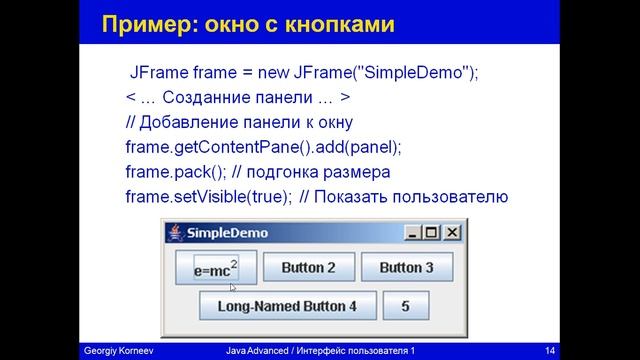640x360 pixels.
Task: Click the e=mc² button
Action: pyautogui.click(x=215, y=268)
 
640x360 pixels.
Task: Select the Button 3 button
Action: pyautogui.click(x=406, y=268)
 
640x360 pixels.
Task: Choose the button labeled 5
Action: pyautogui.click(x=405, y=306)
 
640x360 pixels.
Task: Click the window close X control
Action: pyautogui.click(x=452, y=233)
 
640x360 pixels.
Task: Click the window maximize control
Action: pyautogui.click(x=432, y=233)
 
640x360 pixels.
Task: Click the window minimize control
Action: pyautogui.click(x=413, y=233)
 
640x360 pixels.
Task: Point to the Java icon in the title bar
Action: pyautogui.click(x=177, y=233)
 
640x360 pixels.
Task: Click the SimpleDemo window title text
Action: pyautogui.click(x=227, y=233)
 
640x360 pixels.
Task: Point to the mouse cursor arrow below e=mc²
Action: pyautogui.click(x=233, y=287)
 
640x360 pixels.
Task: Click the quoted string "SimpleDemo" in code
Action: pyautogui.click(x=412, y=73)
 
